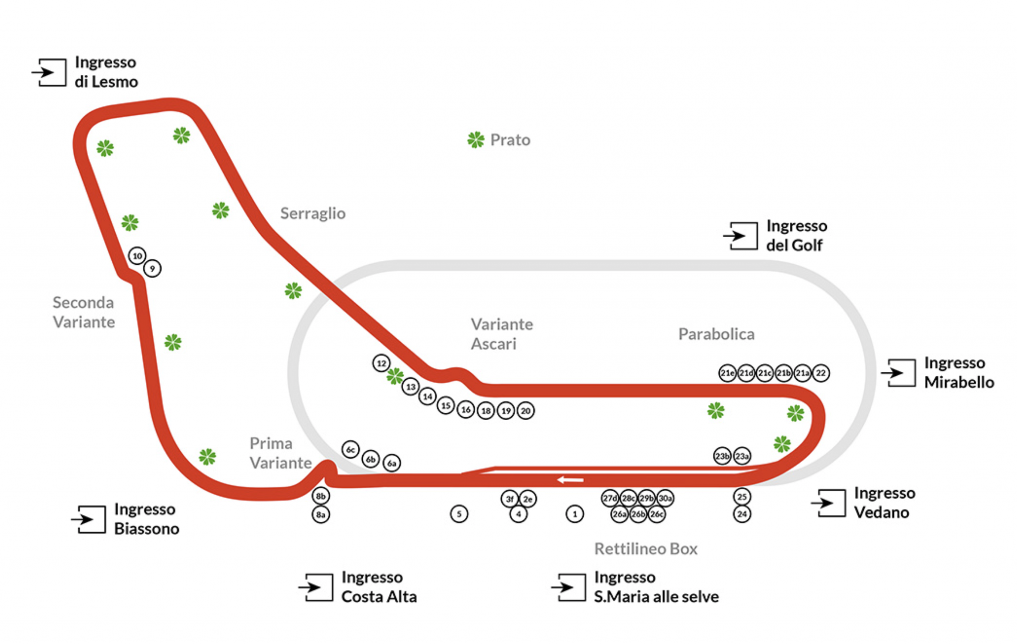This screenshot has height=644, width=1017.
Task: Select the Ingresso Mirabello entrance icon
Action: (x=899, y=373)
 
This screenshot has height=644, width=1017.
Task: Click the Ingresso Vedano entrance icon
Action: (x=829, y=503)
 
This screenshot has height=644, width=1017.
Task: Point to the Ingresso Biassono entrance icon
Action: (x=89, y=519)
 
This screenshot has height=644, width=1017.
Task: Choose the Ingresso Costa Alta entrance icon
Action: (x=316, y=587)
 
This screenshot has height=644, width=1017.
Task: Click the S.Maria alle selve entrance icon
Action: (x=569, y=587)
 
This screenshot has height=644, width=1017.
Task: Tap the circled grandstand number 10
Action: (x=137, y=256)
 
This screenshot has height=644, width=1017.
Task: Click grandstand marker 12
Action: (x=381, y=363)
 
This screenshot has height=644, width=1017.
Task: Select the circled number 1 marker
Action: (x=574, y=514)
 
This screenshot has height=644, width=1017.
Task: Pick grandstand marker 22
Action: (x=821, y=373)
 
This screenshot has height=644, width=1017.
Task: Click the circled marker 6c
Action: (x=350, y=450)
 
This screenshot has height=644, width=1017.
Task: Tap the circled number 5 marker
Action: (x=459, y=514)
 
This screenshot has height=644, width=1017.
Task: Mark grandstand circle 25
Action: (x=742, y=497)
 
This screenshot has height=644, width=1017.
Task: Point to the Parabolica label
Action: (x=716, y=334)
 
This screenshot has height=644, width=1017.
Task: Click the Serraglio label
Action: (x=313, y=213)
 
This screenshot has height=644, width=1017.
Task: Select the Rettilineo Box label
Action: (x=646, y=549)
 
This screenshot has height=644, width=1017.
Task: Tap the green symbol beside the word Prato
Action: (x=476, y=140)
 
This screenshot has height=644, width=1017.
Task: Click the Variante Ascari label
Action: (x=502, y=334)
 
